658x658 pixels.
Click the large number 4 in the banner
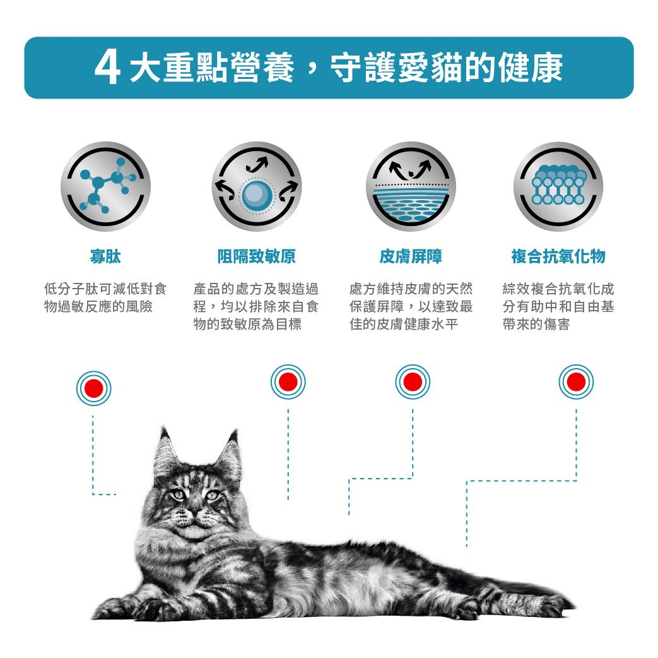pyautogui.click(x=107, y=68)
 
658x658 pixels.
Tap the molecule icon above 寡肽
pyautogui.click(x=105, y=187)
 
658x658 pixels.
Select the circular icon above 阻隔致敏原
pyautogui.click(x=256, y=187)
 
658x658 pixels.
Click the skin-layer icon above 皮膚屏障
pyautogui.click(x=410, y=187)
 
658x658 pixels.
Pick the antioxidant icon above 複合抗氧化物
pyautogui.click(x=558, y=187)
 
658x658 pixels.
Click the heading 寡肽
pyautogui.click(x=105, y=256)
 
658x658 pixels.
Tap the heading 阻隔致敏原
pyautogui.click(x=256, y=256)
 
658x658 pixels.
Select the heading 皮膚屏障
pyautogui.click(x=410, y=256)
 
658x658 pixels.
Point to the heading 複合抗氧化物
pyautogui.click(x=558, y=256)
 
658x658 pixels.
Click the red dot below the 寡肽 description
pyautogui.click(x=93, y=388)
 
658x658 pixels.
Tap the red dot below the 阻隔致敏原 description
pyautogui.click(x=288, y=382)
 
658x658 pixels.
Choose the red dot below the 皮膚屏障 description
pyautogui.click(x=413, y=382)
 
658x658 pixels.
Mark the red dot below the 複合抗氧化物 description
pyautogui.click(x=575, y=382)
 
